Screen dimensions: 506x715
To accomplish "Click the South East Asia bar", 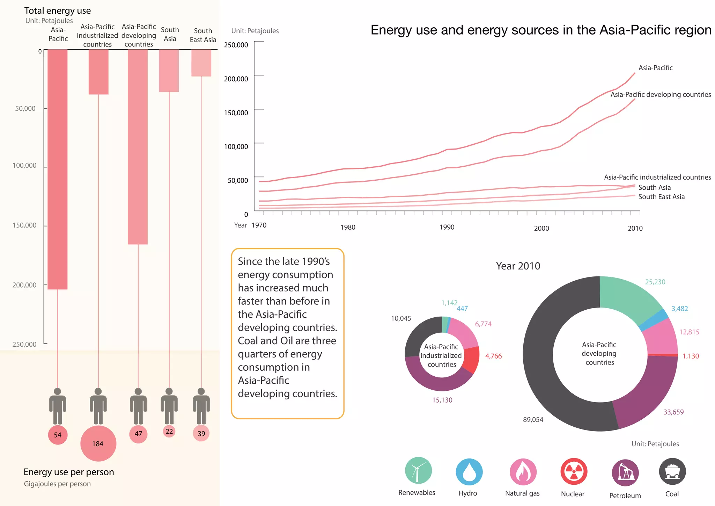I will (x=201, y=63).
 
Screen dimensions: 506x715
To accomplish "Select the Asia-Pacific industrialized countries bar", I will (x=98, y=72).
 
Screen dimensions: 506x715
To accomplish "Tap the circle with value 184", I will (x=98, y=444).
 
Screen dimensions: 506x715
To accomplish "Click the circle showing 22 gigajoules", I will (x=169, y=431).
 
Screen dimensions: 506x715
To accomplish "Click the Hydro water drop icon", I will (x=469, y=472).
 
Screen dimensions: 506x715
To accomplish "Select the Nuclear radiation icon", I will (x=574, y=472).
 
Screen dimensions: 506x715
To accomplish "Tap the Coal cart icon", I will (x=672, y=471).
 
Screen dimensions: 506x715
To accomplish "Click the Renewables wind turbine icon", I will (x=418, y=470).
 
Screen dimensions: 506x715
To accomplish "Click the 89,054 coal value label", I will (x=533, y=420).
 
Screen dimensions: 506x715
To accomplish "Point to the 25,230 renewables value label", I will (x=655, y=282).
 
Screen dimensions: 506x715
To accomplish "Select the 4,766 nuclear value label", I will (x=493, y=356).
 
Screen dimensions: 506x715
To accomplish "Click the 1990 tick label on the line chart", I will (x=447, y=227).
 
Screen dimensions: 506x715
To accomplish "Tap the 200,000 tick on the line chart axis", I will (x=236, y=79).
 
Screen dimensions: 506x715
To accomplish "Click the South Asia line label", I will (x=654, y=188).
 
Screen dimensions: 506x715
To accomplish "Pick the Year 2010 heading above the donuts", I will (x=518, y=266).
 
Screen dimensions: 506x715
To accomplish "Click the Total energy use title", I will (x=58, y=11).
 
